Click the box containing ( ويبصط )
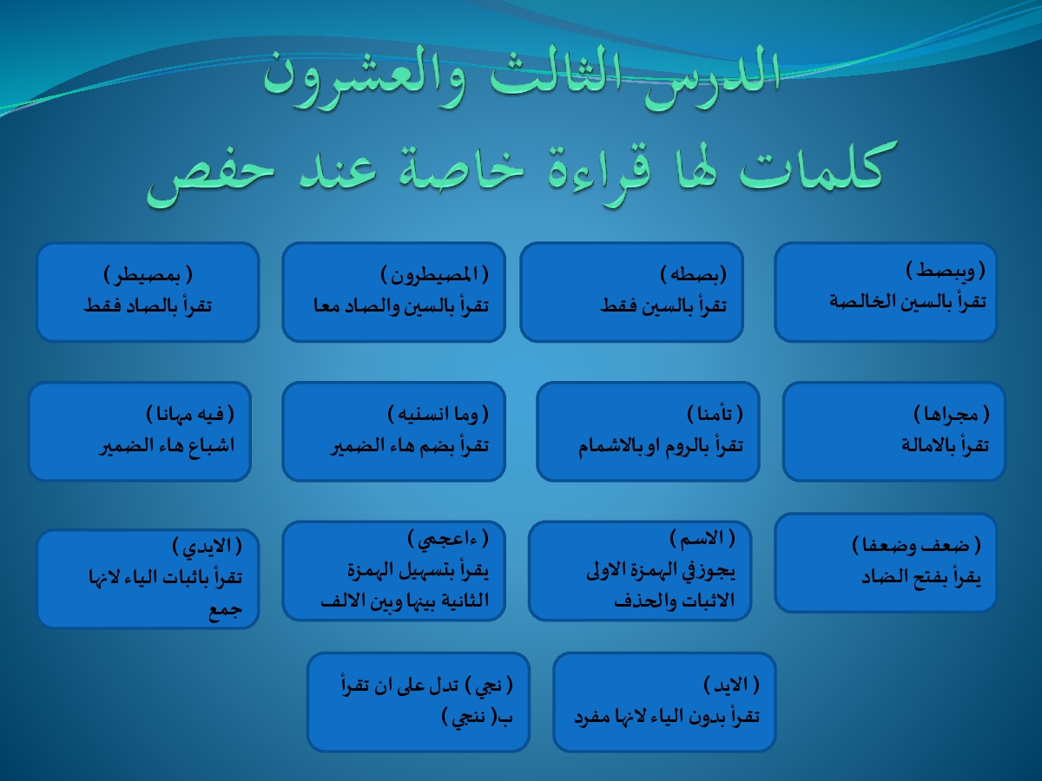pyautogui.click(x=886, y=292)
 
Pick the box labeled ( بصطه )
pyautogui.click(x=631, y=292)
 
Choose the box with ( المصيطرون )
pyautogui.click(x=393, y=292)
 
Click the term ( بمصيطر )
pyautogui.click(x=148, y=274)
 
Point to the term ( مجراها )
pyautogui.click(x=952, y=415)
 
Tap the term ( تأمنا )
pyautogui.click(x=715, y=415)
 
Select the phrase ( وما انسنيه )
pyautogui.click(x=438, y=415)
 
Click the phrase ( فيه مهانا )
pyautogui.click(x=190, y=415)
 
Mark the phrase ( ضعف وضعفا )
pyautogui.click(x=917, y=546)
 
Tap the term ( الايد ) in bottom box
pyautogui.click(x=731, y=685)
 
